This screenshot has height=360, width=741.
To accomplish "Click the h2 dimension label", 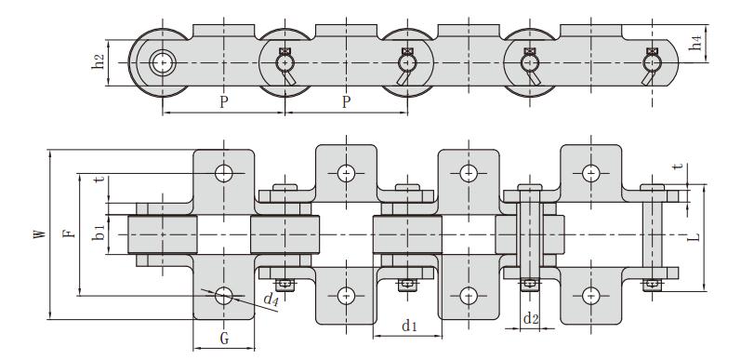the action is (x=99, y=62).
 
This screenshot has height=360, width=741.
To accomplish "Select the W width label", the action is (x=40, y=233).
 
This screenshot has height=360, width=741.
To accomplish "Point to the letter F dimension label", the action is (x=69, y=233).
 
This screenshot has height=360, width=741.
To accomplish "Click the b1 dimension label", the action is (x=99, y=233).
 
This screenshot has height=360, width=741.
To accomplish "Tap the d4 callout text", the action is (x=271, y=300).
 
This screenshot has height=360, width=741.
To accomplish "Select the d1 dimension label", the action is (x=409, y=326).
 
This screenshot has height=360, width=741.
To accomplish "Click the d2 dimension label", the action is (x=531, y=319).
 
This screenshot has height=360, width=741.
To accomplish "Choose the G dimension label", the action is (x=224, y=339).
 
